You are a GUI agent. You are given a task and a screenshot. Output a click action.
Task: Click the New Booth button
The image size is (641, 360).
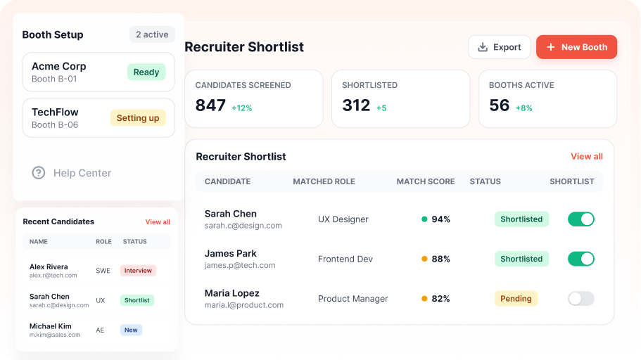tap(576, 47)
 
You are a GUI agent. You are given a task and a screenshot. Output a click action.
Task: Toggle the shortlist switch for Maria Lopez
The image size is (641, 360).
tap(581, 299)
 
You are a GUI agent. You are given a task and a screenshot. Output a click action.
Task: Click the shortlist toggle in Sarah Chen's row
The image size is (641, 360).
tap(581, 219)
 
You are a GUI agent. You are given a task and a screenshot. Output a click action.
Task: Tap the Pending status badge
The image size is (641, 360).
tap(516, 299)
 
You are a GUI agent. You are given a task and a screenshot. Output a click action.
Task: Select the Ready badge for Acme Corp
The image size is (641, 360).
tap(146, 72)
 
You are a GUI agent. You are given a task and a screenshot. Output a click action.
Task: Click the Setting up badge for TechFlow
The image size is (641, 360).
tap(138, 118)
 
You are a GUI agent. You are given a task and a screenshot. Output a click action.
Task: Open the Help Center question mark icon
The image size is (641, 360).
tap(39, 173)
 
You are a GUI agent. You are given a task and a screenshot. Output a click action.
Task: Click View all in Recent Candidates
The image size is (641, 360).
tap(158, 222)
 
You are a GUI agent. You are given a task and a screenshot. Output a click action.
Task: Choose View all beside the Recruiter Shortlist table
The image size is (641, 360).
tap(587, 157)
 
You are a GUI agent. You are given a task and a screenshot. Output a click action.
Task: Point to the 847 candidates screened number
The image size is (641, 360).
tap(210, 105)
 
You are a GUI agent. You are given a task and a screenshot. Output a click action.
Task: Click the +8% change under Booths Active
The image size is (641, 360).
tap(523, 108)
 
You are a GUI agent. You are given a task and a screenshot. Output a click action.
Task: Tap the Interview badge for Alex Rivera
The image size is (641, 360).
tap(138, 271)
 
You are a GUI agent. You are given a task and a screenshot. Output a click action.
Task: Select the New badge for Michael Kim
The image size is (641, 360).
tap(131, 330)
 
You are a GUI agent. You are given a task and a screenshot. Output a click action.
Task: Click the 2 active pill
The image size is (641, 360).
tap(152, 34)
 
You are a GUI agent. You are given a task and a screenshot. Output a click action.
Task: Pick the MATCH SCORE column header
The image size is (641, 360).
tap(426, 181)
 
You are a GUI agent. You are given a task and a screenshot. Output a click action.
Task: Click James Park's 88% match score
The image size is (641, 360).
tap(440, 259)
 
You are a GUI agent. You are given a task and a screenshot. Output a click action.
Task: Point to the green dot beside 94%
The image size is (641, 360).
tap(424, 219)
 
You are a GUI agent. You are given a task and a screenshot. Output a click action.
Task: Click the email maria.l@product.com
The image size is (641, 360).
tap(244, 305)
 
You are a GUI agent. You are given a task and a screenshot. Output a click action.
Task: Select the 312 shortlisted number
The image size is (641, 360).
tap(356, 105)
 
